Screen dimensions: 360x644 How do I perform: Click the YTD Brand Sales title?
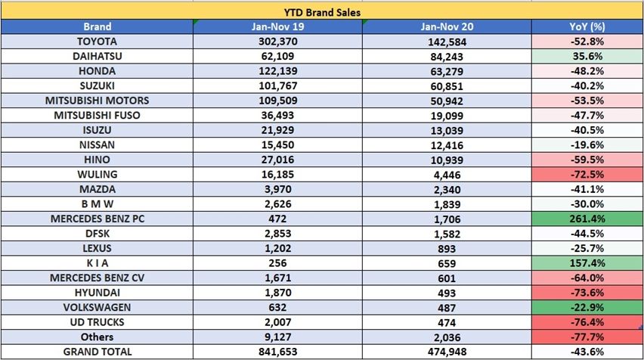(x=323, y=11)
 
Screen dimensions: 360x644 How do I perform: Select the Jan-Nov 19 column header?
(x=277, y=26)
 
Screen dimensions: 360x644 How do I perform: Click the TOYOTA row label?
(x=97, y=42)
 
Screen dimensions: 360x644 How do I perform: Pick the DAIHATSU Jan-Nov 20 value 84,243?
(x=447, y=57)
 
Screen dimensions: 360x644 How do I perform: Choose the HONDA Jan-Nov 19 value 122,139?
(x=277, y=71)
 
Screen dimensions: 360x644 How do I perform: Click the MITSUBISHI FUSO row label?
(x=97, y=116)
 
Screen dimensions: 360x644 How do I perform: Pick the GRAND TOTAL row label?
(x=97, y=352)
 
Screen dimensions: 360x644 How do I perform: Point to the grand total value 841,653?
(x=277, y=352)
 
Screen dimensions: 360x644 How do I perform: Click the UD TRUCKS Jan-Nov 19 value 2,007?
(x=277, y=323)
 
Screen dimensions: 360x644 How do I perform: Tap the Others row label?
(x=97, y=337)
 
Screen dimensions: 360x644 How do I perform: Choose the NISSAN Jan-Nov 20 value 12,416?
(x=447, y=145)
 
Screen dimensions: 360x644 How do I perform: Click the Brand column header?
(x=97, y=26)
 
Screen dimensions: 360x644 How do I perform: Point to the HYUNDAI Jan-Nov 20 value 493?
(x=447, y=293)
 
